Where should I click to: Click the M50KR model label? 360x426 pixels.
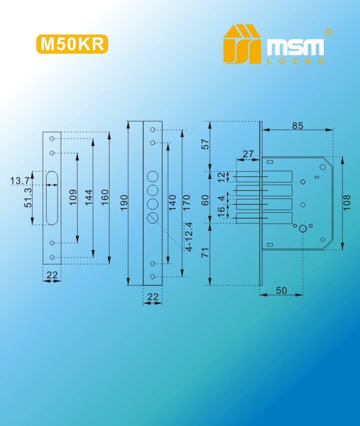click(72, 44)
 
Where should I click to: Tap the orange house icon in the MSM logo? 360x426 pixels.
click(242, 44)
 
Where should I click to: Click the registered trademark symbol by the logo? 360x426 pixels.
click(329, 33)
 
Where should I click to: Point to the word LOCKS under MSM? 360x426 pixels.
click(296, 61)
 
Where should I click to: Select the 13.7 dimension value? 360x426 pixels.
click(20, 180)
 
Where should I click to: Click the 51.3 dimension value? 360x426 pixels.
click(28, 198)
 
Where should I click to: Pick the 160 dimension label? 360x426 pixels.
click(104, 197)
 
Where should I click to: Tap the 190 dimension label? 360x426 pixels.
click(124, 203)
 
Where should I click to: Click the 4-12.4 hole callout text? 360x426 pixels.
click(189, 236)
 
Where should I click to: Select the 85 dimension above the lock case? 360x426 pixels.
click(298, 125)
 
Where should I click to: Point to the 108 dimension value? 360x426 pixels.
click(347, 203)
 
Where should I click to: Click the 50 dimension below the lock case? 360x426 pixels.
click(281, 291)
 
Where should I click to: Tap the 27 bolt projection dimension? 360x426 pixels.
click(248, 154)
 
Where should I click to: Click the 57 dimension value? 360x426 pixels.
click(206, 144)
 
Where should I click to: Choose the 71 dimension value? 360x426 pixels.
click(206, 252)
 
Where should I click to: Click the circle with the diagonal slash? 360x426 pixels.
click(153, 218)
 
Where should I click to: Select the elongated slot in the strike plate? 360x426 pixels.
click(52, 198)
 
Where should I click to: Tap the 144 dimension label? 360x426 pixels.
click(88, 197)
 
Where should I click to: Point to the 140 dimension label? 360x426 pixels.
click(173, 203)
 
